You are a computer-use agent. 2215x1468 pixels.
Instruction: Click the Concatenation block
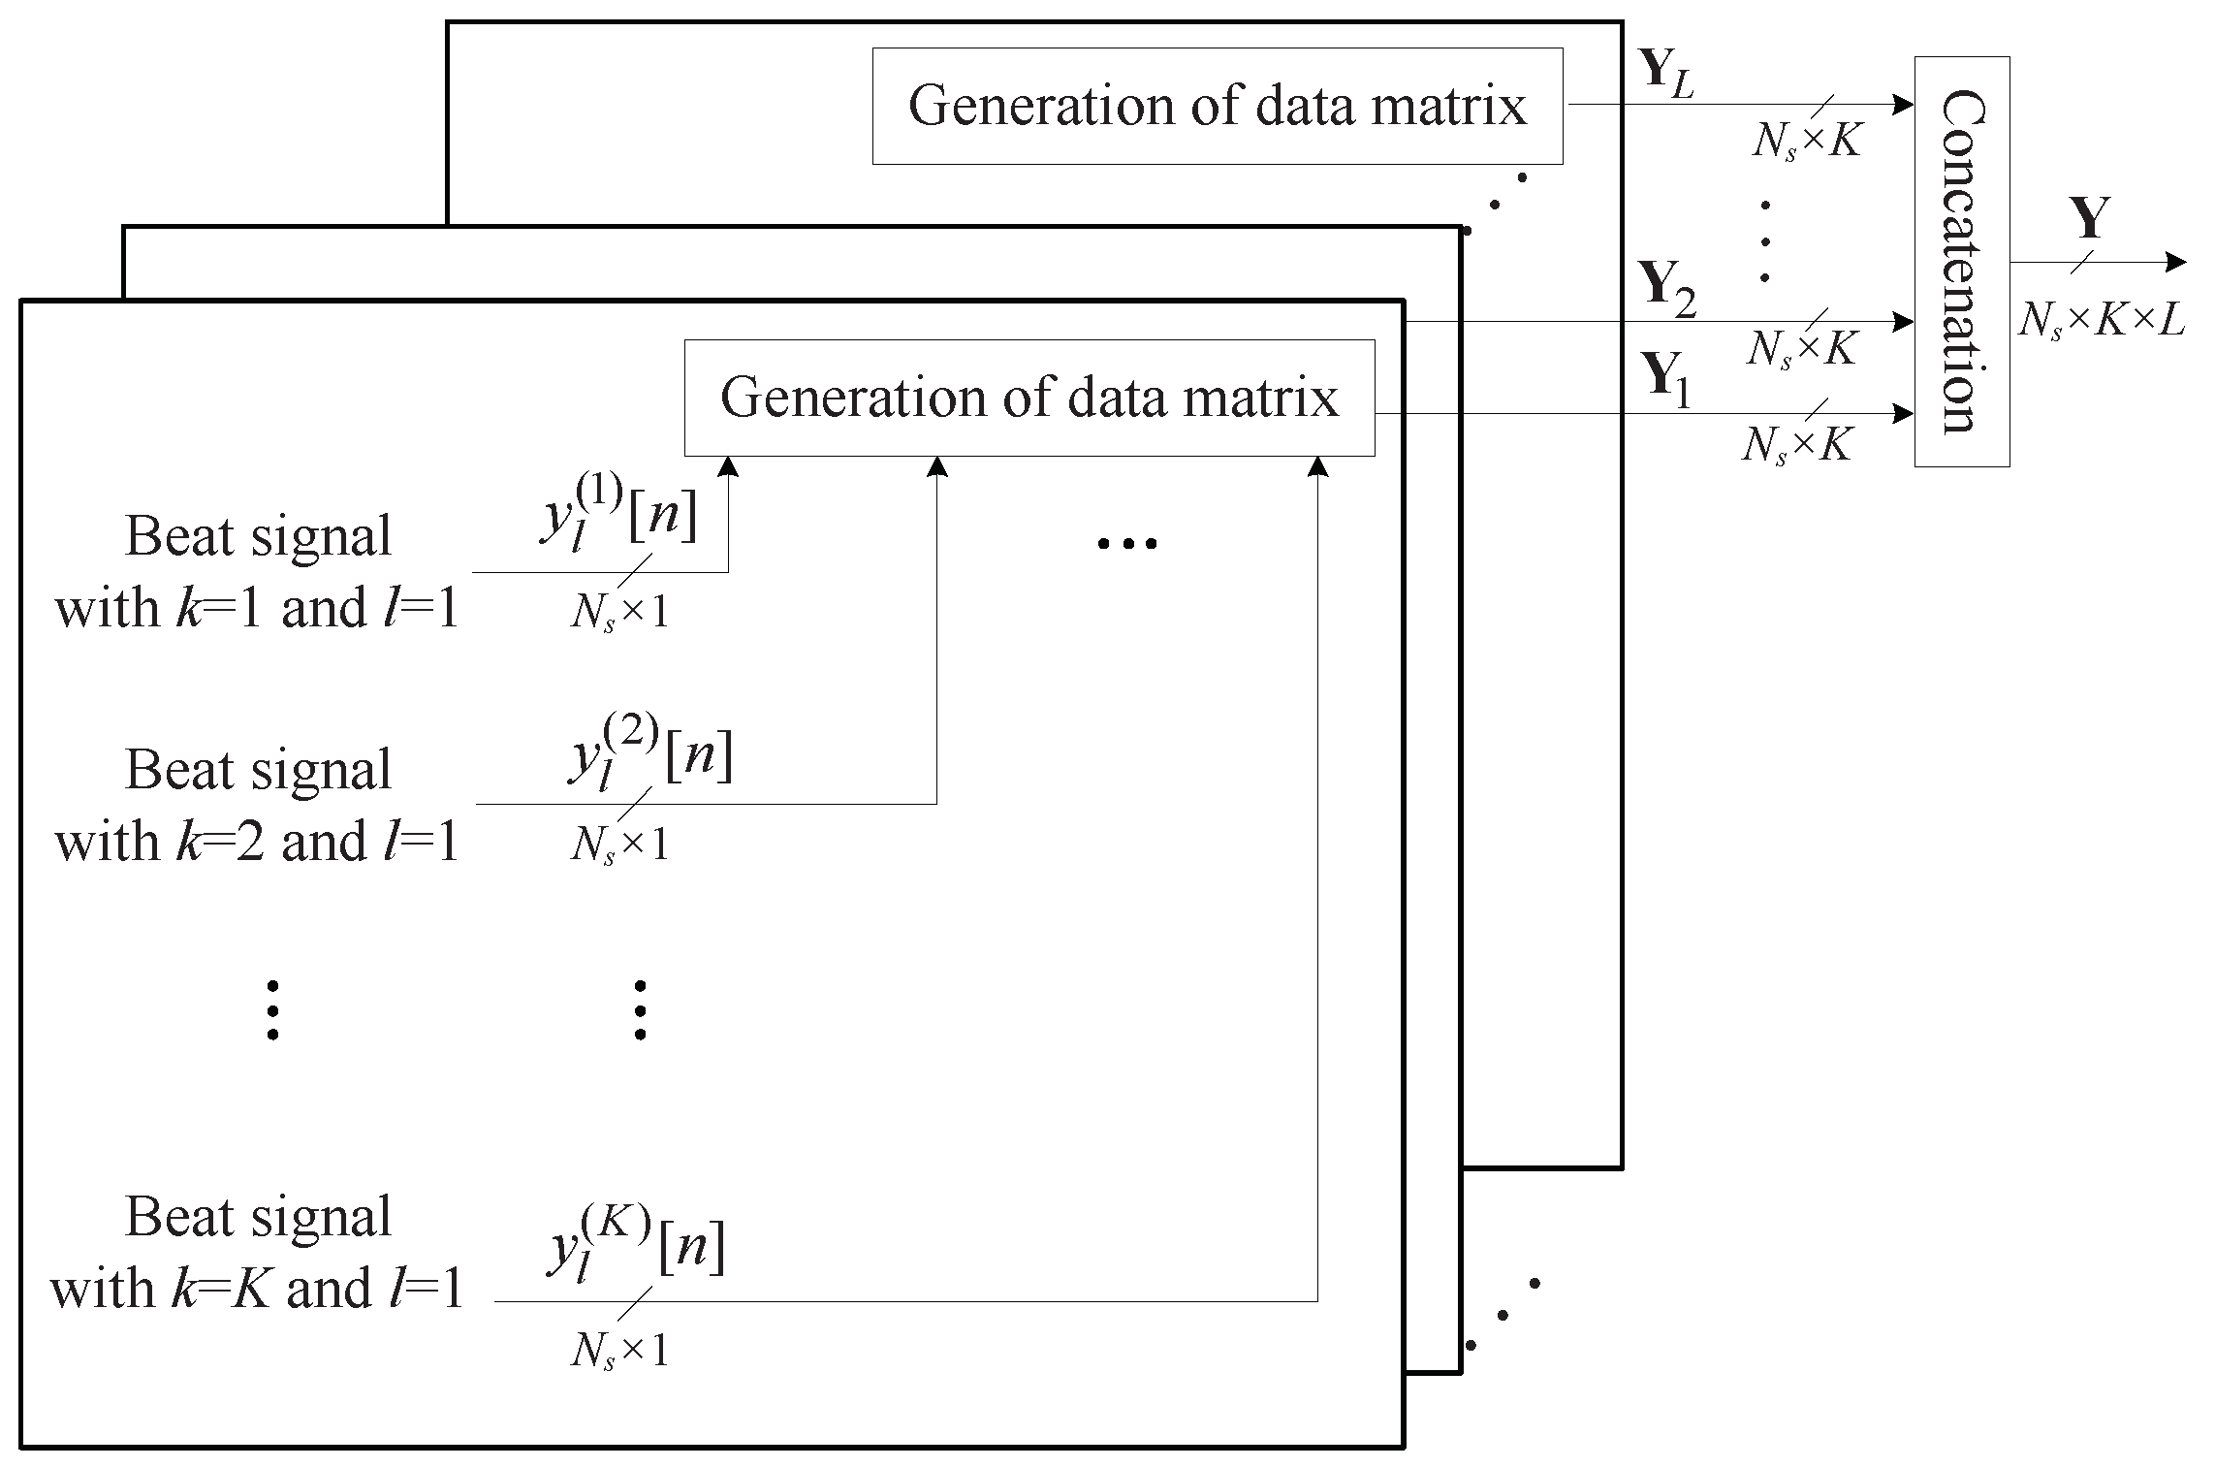(x=1961, y=262)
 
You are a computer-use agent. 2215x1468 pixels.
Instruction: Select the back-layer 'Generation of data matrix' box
(x=1217, y=106)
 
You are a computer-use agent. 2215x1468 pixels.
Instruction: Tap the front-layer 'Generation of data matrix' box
(x=1028, y=398)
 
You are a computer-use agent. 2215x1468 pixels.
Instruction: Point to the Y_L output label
(x=1665, y=74)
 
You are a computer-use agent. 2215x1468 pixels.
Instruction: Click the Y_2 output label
(x=1666, y=289)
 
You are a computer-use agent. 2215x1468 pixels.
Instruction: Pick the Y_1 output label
(x=1664, y=381)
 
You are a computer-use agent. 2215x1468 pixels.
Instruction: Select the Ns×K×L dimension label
(x=2102, y=319)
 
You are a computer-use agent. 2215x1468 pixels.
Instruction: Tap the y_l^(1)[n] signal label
(x=617, y=519)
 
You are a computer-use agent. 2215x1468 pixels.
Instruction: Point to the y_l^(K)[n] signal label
(x=635, y=1248)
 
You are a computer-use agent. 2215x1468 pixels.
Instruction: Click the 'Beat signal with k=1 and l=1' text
(x=257, y=572)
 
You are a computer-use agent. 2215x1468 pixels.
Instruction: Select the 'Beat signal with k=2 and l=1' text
(x=257, y=805)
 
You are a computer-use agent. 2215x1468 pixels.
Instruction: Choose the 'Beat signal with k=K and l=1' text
(x=257, y=1253)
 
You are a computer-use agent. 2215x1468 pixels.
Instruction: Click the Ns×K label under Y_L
(x=1806, y=142)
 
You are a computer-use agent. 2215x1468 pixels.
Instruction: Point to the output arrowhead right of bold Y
(x=2176, y=262)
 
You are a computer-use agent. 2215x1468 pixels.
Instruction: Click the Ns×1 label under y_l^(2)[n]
(x=619, y=846)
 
